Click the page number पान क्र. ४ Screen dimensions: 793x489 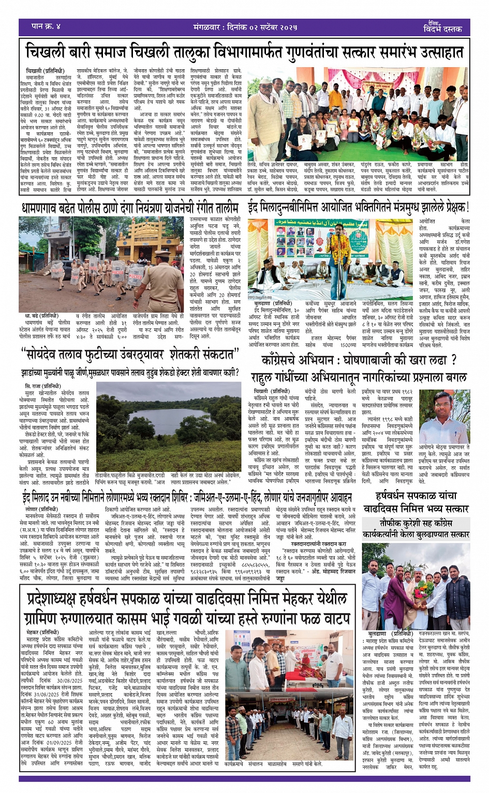46,26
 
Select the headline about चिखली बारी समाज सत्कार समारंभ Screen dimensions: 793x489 244,52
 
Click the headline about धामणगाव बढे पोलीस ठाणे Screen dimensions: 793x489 130,208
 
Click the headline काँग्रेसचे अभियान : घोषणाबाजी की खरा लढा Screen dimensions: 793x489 359,360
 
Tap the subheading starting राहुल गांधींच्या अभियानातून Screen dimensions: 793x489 359,377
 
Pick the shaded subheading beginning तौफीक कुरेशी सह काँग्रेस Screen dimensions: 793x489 417,528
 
